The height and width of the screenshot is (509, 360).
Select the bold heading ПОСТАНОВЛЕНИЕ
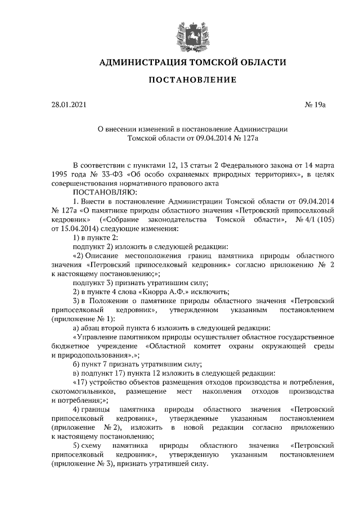click(192, 80)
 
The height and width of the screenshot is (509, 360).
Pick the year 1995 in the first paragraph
click(60, 175)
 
